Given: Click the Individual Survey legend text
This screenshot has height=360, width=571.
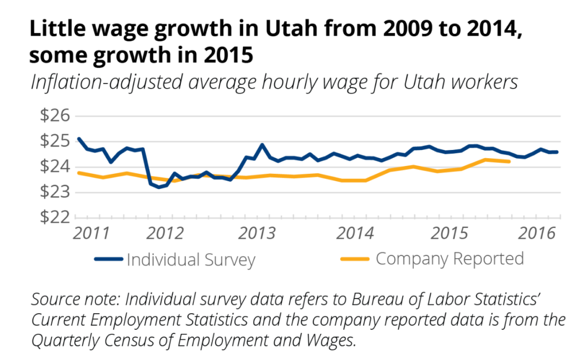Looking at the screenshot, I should [x=191, y=260].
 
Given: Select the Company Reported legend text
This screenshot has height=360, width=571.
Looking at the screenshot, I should [x=449, y=259].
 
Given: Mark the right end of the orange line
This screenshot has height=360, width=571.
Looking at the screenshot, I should [x=509, y=162].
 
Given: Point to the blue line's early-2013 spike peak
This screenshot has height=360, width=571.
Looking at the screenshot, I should [x=262, y=145].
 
